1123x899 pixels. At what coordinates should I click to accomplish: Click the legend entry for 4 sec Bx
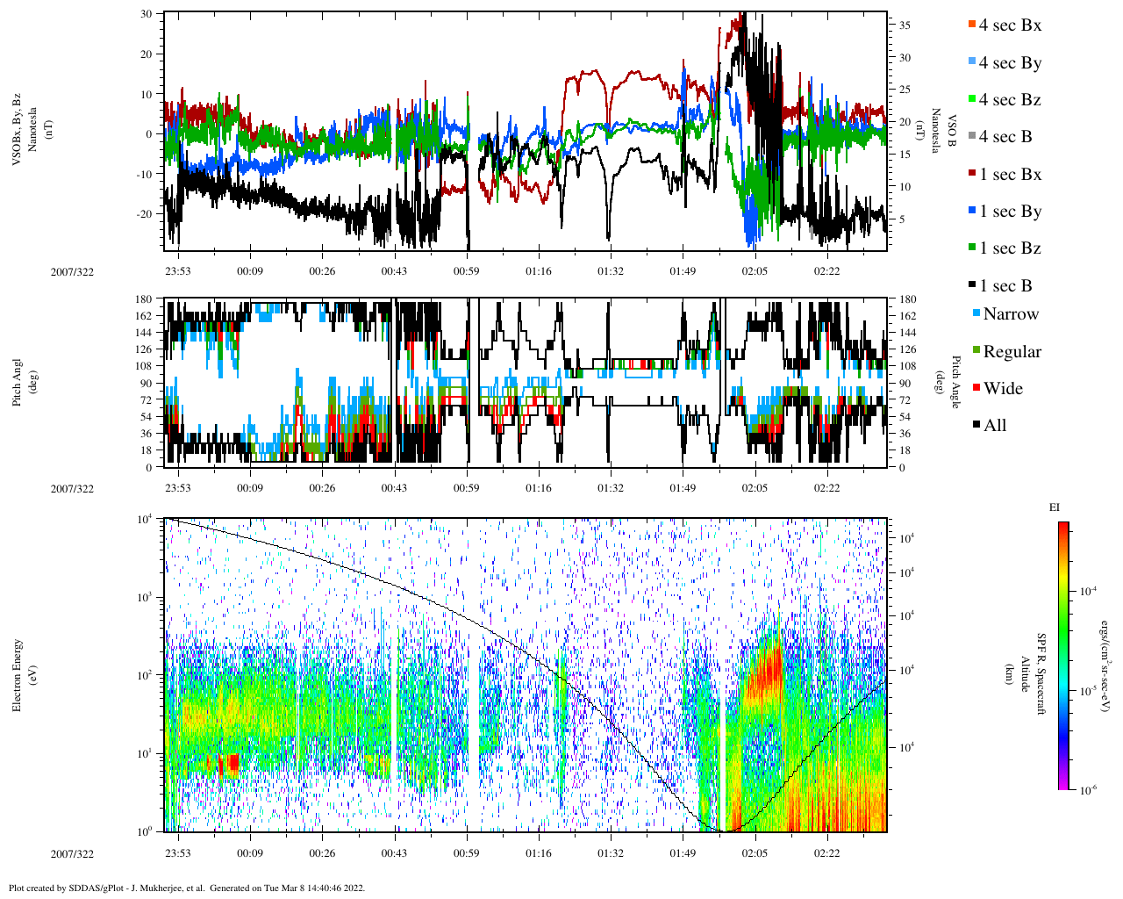(x=1009, y=25)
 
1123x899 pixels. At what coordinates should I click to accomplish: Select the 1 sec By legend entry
(x=1009, y=212)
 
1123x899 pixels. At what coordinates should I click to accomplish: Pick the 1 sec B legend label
(x=1005, y=286)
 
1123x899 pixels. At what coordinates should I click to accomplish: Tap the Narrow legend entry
(x=1010, y=314)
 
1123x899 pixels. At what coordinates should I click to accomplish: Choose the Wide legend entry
(x=1002, y=389)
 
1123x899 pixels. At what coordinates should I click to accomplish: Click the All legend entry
(x=994, y=426)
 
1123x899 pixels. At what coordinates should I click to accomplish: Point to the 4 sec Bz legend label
(x=1009, y=100)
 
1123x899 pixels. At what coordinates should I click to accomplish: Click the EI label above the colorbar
(x=1055, y=507)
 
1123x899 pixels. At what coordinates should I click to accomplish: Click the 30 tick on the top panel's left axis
(x=146, y=14)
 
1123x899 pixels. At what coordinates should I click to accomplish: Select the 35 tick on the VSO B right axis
(x=905, y=26)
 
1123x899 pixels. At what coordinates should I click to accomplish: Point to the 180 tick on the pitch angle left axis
(x=143, y=299)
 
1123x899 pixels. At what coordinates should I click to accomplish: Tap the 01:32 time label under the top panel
(x=611, y=271)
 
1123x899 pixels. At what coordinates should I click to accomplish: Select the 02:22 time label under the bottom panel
(x=826, y=853)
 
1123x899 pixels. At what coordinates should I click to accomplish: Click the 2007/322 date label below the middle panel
(x=72, y=489)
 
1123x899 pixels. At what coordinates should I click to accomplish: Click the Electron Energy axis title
(x=17, y=674)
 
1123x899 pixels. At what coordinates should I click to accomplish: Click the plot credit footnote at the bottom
(x=186, y=888)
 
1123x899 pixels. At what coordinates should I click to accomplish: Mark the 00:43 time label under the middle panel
(x=394, y=489)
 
